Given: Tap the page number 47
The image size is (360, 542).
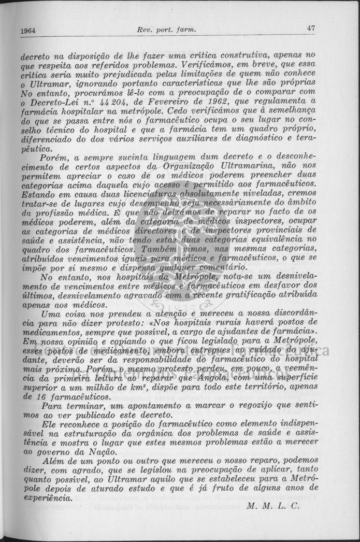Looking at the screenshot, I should [x=311, y=28].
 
